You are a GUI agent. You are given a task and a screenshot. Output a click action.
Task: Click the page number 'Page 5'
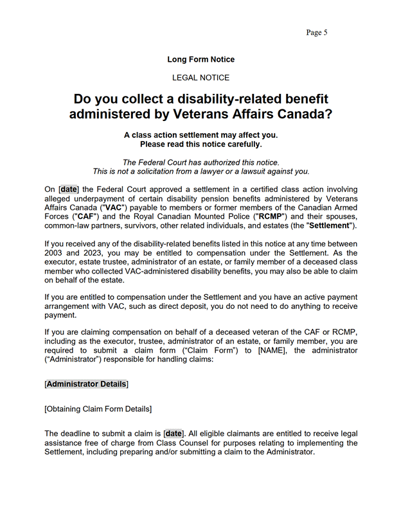tap(317, 33)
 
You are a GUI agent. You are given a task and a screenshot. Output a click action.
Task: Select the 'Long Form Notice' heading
tap(201, 59)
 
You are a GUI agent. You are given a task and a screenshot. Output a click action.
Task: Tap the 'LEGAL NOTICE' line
tap(201, 78)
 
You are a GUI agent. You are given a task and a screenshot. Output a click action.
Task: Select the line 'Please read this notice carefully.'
tap(201, 145)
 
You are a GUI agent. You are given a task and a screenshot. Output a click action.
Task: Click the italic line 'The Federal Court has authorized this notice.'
tap(201, 162)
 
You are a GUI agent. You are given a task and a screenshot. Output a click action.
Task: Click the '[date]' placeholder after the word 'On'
tap(69, 190)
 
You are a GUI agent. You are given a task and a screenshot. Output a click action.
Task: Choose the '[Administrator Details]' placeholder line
tap(86, 384)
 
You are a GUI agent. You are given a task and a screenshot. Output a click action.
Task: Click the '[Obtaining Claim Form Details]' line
tap(98, 409)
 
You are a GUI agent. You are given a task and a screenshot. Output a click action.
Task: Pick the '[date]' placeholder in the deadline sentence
tap(174, 434)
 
